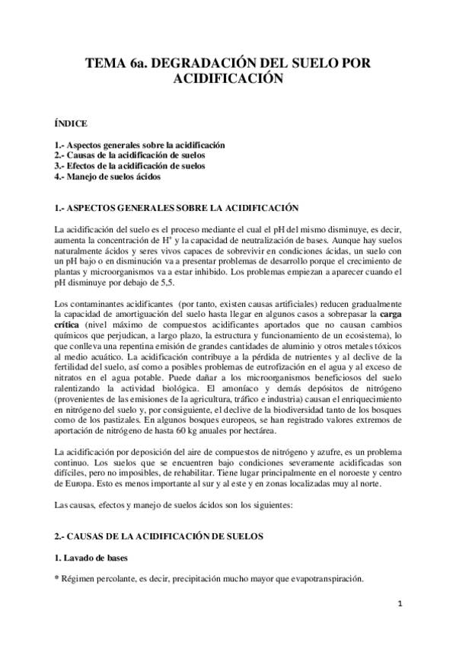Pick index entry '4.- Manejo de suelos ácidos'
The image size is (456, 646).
(107, 176)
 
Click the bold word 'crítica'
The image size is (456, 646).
(69, 325)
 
